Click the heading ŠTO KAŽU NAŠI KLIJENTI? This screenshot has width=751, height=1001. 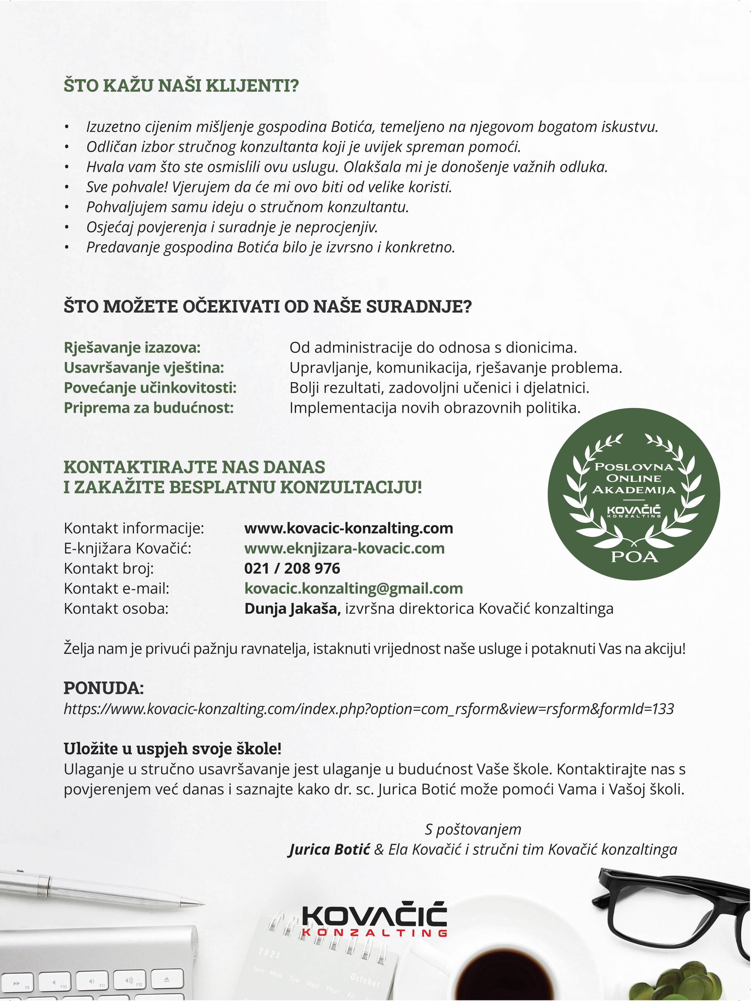click(181, 86)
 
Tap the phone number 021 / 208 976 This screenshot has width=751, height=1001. click(292, 568)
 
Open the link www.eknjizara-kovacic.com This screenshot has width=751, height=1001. click(344, 548)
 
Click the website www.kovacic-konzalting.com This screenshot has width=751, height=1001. click(348, 528)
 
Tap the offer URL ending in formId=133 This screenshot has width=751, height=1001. click(368, 708)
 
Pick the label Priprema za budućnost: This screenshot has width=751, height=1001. click(148, 408)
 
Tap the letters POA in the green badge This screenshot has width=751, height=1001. click(634, 557)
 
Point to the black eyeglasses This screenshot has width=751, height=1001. click(670, 909)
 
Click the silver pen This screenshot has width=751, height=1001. click(100, 889)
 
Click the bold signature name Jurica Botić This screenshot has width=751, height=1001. click(329, 850)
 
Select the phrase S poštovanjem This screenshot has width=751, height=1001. click(473, 829)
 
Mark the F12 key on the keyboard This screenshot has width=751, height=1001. click(129, 981)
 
